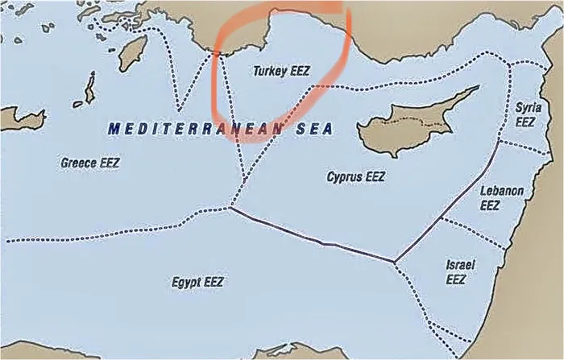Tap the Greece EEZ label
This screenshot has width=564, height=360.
pos(89,163)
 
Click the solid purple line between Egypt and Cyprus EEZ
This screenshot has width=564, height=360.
pos(314,238)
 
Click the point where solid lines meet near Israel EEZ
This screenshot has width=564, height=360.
pos(394,261)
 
